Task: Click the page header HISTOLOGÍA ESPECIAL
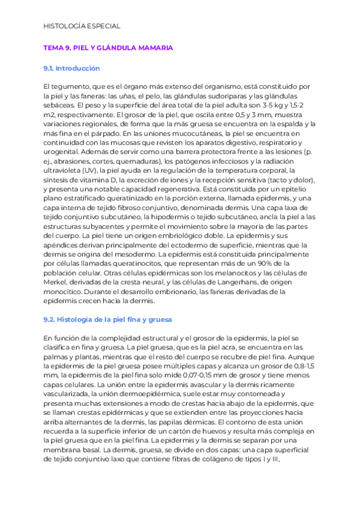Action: [x=82, y=26]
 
